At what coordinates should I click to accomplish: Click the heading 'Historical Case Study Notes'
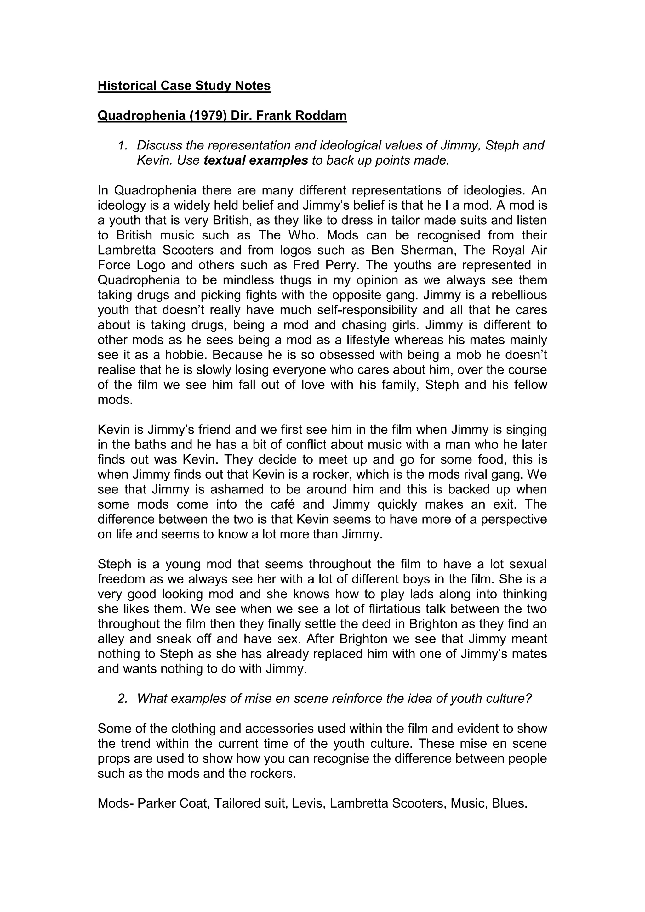tap(184, 86)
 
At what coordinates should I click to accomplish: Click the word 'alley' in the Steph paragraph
tap(111, 639)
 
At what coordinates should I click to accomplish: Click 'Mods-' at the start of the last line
tap(116, 803)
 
